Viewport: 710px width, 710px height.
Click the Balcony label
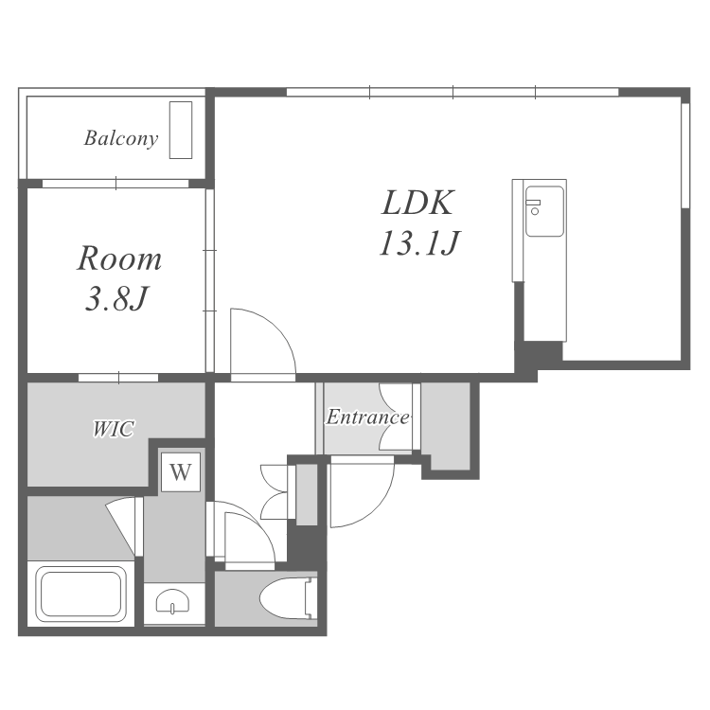point(121,138)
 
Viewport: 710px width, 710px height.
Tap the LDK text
point(417,203)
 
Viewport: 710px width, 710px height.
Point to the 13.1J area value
point(419,242)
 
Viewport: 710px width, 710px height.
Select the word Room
point(119,258)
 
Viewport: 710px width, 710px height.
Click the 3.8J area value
point(116,299)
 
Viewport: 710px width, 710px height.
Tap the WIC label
point(114,429)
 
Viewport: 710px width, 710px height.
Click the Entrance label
point(367,417)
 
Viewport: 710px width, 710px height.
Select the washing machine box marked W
point(181,471)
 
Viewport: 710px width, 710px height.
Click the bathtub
point(81,594)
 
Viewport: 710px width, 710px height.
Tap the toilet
point(288,598)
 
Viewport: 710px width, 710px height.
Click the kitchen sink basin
point(544,211)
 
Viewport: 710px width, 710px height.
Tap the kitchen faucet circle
point(535,211)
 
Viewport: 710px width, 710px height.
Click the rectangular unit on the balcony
point(181,130)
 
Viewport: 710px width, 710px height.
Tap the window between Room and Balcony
point(115,184)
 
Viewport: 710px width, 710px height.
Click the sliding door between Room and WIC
point(118,378)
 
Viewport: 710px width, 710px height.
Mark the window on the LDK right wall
point(685,156)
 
